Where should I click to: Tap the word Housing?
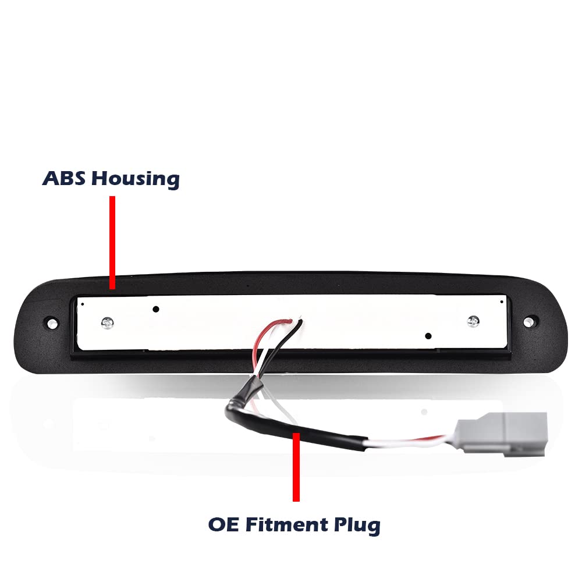tap(136, 180)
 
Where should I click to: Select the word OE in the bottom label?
tap(223, 524)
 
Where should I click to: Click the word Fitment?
tap(287, 524)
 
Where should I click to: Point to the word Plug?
tap(357, 526)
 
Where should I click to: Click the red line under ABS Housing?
tap(112, 242)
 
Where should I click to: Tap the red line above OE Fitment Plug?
tap(296, 467)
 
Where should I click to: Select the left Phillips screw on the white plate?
tap(107, 323)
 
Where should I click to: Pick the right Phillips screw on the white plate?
tap(473, 321)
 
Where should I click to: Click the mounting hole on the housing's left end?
tap(51, 322)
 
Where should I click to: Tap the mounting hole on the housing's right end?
tap(528, 321)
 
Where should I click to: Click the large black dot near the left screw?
tap(156, 309)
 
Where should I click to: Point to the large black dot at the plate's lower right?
tap(428, 336)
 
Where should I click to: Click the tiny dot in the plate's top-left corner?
tap(83, 304)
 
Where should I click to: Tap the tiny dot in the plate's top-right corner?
tap(502, 301)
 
